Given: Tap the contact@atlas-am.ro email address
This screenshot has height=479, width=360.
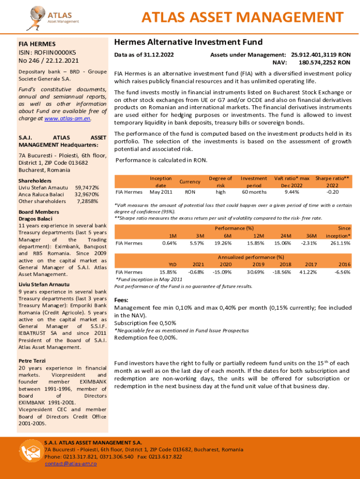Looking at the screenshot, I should tap(71, 464).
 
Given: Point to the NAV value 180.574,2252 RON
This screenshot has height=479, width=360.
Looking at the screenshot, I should tap(324, 62).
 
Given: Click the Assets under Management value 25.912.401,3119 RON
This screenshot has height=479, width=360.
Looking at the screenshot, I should tap(320, 55).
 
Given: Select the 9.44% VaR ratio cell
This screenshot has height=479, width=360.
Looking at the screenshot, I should tap(292, 192).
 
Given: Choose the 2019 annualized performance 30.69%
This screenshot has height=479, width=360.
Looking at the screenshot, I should tap(257, 272).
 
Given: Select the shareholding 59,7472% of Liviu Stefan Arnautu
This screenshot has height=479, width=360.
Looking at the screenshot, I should tap(86, 187).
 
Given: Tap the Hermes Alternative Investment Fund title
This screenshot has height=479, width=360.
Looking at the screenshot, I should tap(188, 42).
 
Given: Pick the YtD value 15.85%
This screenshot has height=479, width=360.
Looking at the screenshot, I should tap(168, 272).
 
